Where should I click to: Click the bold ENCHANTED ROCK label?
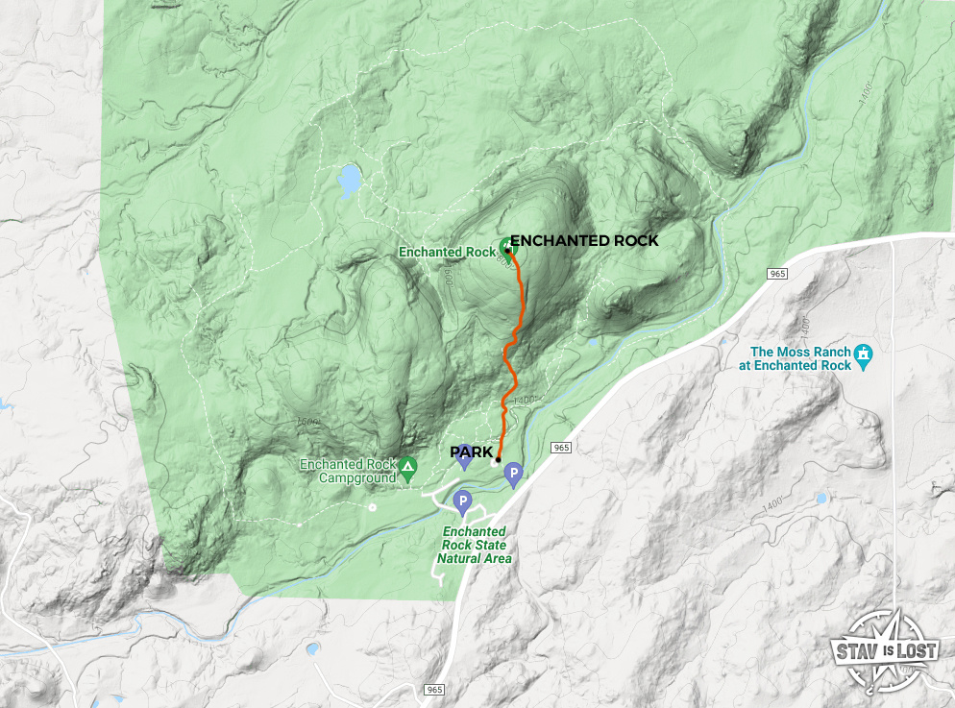click(583, 240)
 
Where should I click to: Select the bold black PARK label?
click(471, 452)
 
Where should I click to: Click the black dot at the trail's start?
click(497, 461)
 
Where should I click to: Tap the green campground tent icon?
click(408, 470)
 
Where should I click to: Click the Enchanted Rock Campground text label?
click(347, 471)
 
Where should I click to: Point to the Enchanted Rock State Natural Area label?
click(475, 545)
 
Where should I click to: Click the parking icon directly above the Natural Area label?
click(462, 501)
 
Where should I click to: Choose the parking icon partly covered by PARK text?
click(465, 459)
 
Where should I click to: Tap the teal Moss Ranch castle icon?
click(864, 354)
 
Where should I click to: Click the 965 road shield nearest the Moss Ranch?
click(777, 275)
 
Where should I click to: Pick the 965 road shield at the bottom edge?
click(434, 690)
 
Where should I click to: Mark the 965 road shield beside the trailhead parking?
click(562, 448)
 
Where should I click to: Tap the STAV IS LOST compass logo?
click(882, 651)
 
